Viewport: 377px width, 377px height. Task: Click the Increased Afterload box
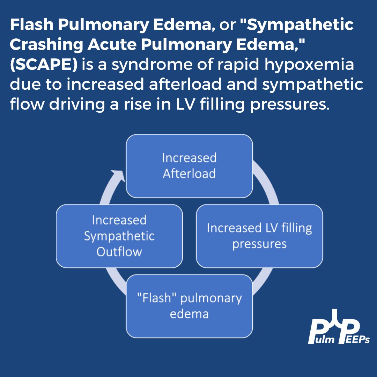[189, 166]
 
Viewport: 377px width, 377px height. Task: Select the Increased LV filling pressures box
[259, 236]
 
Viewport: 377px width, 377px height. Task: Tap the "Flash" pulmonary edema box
[189, 306]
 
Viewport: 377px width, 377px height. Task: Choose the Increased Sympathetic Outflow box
[119, 236]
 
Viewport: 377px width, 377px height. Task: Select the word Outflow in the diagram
[119, 252]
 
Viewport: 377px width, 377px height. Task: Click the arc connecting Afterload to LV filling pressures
[267, 182]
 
